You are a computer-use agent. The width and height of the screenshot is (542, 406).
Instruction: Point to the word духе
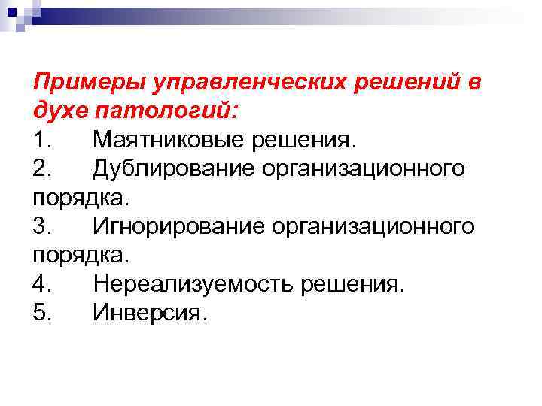click(62, 110)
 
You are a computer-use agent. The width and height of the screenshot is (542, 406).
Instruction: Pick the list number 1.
click(43, 139)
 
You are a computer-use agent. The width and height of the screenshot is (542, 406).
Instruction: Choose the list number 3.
click(43, 226)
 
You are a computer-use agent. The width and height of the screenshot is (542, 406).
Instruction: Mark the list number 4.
click(43, 284)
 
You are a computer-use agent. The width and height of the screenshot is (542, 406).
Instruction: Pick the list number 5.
click(43, 313)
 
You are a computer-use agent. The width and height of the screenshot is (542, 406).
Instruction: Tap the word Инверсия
click(148, 313)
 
